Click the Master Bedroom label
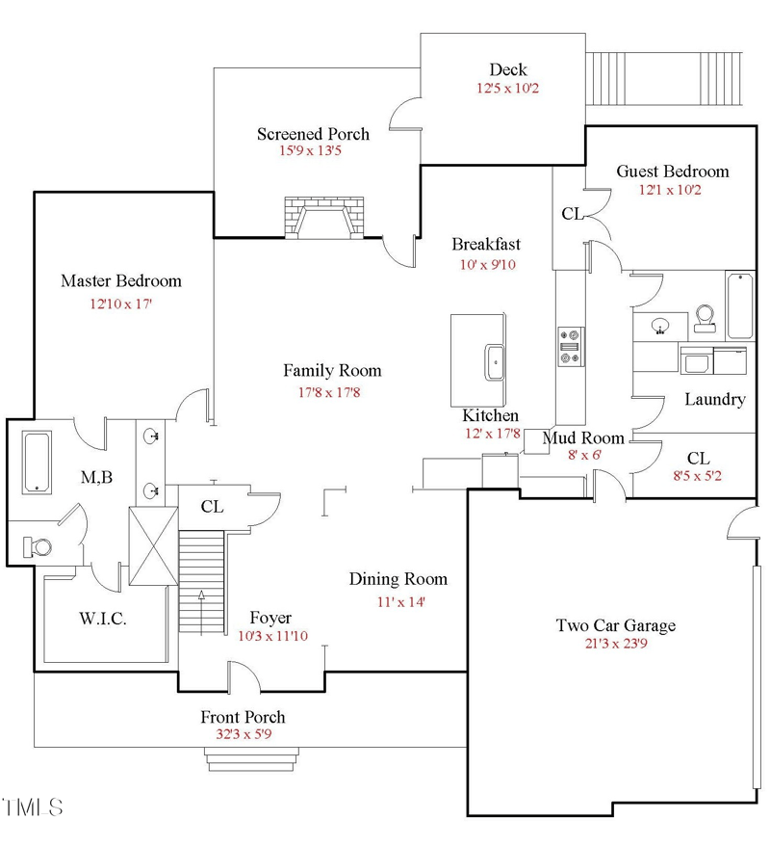pos(120,281)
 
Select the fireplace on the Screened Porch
pos(324,219)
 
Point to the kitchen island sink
pos(495,362)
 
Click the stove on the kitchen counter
pos(569,347)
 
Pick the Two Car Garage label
pos(615,625)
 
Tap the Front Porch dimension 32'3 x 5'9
pos(243,735)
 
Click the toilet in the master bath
pos(38,546)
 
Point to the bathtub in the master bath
pos(37,463)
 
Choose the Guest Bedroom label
pos(672,172)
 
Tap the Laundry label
pos(714,399)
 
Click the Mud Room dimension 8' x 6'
pos(582,456)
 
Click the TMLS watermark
pos(33,806)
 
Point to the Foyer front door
pos(244,677)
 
